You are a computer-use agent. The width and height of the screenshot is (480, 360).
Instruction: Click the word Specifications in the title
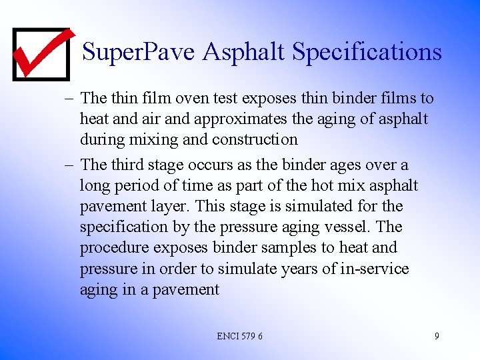click(367, 52)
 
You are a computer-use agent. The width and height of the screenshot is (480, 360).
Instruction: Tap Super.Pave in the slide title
click(139, 52)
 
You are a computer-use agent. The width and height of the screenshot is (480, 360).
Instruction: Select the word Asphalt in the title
click(245, 52)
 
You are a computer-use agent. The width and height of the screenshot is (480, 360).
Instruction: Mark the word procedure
click(114, 248)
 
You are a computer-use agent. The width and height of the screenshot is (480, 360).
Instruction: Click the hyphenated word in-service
click(375, 269)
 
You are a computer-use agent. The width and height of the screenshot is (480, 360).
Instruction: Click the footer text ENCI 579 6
click(239, 336)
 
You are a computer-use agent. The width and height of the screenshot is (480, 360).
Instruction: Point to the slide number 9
click(437, 336)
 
